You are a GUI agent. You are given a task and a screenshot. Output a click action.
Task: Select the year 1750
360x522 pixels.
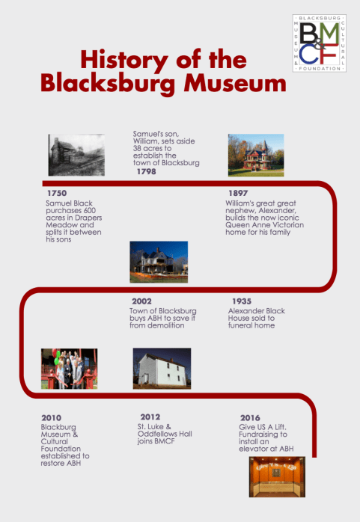coord(56,193)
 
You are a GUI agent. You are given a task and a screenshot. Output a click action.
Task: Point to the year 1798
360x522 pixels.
coord(147,171)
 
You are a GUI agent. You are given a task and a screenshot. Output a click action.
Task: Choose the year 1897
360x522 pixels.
coord(237,193)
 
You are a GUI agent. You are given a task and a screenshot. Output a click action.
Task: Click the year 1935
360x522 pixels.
coord(240,301)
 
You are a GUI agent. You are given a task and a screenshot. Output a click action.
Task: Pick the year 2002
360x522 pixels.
coord(141,301)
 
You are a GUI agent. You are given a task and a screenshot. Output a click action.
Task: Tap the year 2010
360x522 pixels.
coord(51,417)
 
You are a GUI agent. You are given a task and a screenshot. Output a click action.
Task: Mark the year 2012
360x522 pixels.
coord(150,417)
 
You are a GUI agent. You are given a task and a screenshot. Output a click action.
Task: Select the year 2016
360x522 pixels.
coord(250,417)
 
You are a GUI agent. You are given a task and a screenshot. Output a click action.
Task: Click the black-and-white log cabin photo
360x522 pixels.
coord(76,155)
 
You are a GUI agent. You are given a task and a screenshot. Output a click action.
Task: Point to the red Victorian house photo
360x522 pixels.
coord(255,155)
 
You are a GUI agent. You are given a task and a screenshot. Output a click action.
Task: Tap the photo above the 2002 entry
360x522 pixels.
coord(159,262)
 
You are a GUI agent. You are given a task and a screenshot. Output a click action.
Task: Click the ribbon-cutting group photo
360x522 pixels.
coord(68,369)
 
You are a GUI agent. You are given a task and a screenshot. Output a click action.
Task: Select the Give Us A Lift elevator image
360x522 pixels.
coord(277,477)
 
